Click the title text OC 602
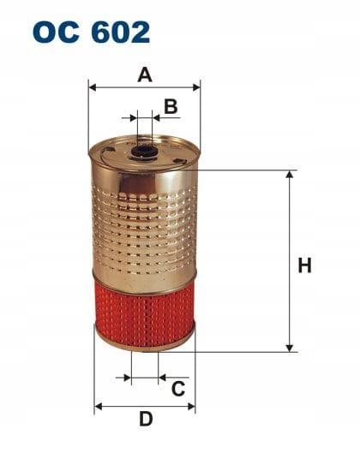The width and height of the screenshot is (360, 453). (x=92, y=32)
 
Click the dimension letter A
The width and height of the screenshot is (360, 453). (x=145, y=75)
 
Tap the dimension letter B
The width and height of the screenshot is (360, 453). (x=171, y=106)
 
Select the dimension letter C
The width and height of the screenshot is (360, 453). (x=178, y=388)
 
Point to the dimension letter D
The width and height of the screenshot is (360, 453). (x=146, y=419)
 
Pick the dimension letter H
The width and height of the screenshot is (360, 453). (x=305, y=265)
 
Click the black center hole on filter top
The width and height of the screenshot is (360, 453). (x=143, y=152)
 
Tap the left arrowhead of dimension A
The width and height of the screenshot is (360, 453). (x=93, y=87)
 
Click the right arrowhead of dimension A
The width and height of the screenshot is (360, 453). (x=196, y=87)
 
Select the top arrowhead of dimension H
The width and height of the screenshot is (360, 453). (x=289, y=174)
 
